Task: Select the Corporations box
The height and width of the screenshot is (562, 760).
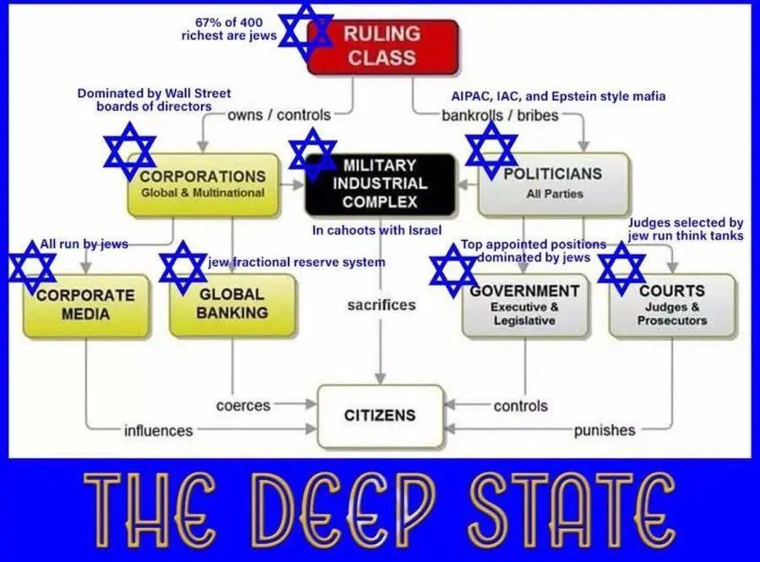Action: (x=203, y=183)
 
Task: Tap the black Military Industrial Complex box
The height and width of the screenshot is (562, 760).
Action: (x=380, y=183)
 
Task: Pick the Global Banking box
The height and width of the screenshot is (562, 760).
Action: (x=232, y=304)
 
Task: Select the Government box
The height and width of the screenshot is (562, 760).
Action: (x=524, y=305)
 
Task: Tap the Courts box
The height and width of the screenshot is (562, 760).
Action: (x=672, y=305)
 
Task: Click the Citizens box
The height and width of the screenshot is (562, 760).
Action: (x=380, y=415)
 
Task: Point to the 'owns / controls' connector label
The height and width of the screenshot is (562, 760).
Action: (x=279, y=115)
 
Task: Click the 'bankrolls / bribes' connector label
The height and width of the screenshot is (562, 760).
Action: (x=500, y=116)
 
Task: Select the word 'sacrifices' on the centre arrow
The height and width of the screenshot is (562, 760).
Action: (x=381, y=305)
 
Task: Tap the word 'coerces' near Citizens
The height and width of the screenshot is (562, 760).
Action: (x=243, y=406)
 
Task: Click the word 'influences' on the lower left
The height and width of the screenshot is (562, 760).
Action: (x=158, y=430)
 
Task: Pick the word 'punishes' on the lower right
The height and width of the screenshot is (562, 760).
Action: (x=605, y=430)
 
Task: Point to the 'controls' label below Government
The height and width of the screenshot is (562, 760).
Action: (x=520, y=406)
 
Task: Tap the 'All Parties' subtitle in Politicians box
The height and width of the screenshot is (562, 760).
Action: (x=554, y=193)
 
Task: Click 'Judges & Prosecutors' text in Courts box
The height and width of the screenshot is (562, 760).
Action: (x=672, y=314)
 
